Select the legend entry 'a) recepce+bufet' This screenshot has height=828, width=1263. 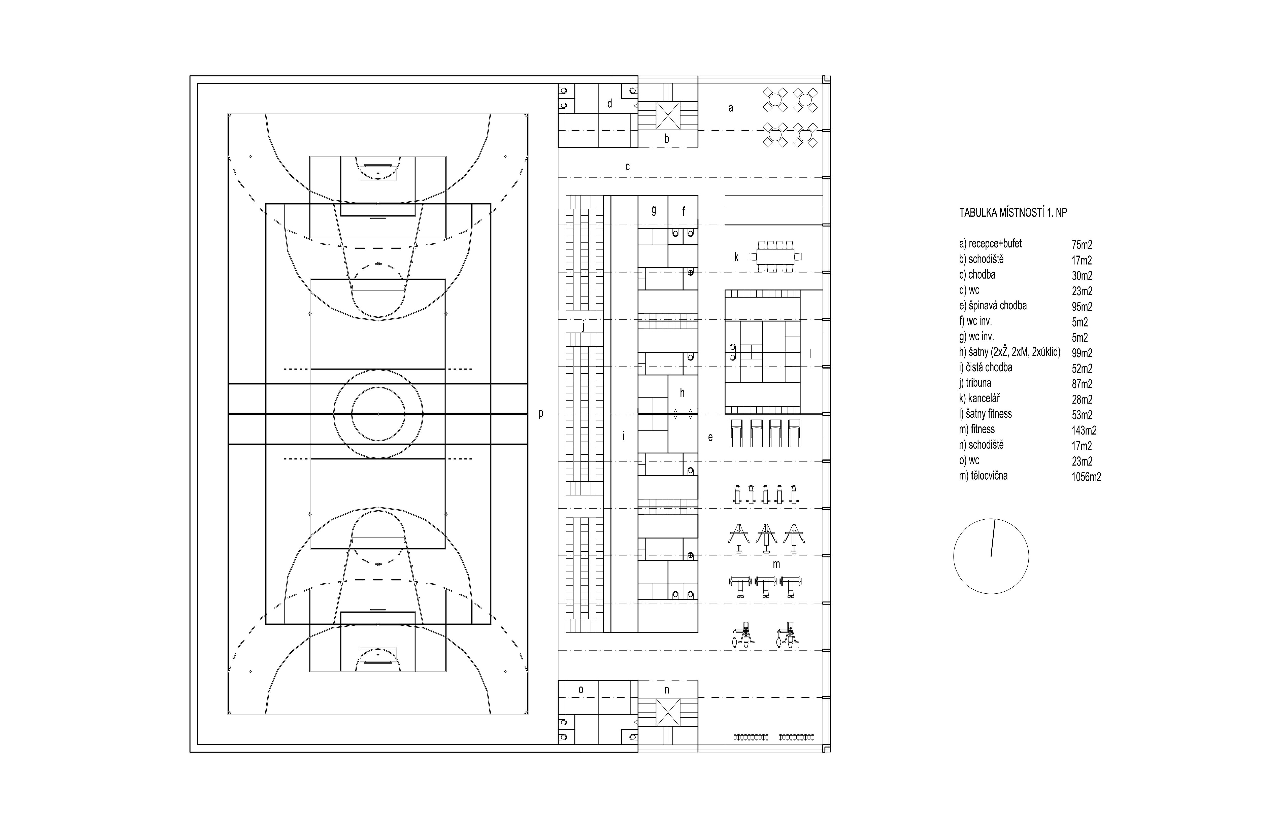[x=990, y=244]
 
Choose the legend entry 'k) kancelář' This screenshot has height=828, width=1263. [x=979, y=398]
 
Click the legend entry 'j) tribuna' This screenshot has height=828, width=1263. [x=975, y=383]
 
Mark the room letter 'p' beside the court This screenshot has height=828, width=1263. [x=541, y=413]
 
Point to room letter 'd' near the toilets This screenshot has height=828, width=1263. [x=610, y=104]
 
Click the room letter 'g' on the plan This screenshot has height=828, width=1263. [x=654, y=210]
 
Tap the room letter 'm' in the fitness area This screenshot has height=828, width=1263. [x=776, y=564]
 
